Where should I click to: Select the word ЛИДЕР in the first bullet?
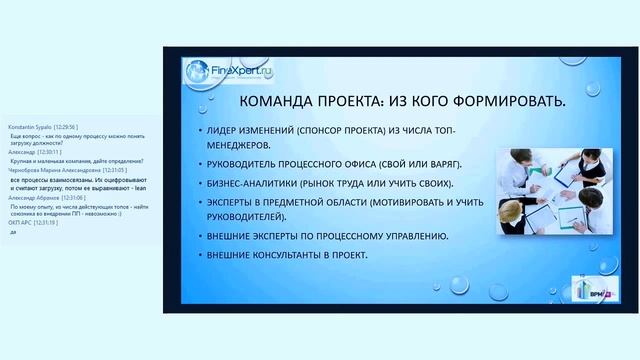coord(225,132)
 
